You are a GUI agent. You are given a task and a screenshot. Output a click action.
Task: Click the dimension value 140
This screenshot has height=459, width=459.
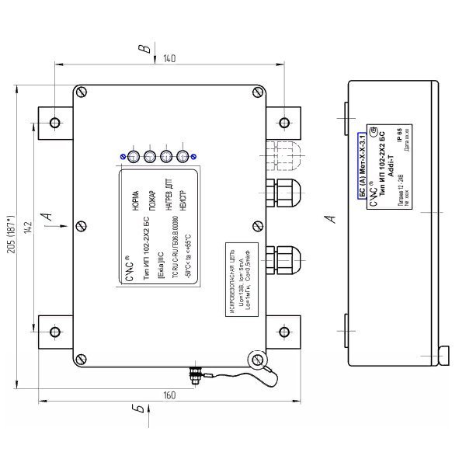point(169,58)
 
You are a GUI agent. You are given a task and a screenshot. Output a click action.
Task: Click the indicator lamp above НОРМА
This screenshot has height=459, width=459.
point(134,158)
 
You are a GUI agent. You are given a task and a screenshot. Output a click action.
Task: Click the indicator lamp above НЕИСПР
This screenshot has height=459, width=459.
point(184,158)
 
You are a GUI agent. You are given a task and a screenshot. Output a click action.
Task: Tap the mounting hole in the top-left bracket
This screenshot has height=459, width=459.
point(55,123)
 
